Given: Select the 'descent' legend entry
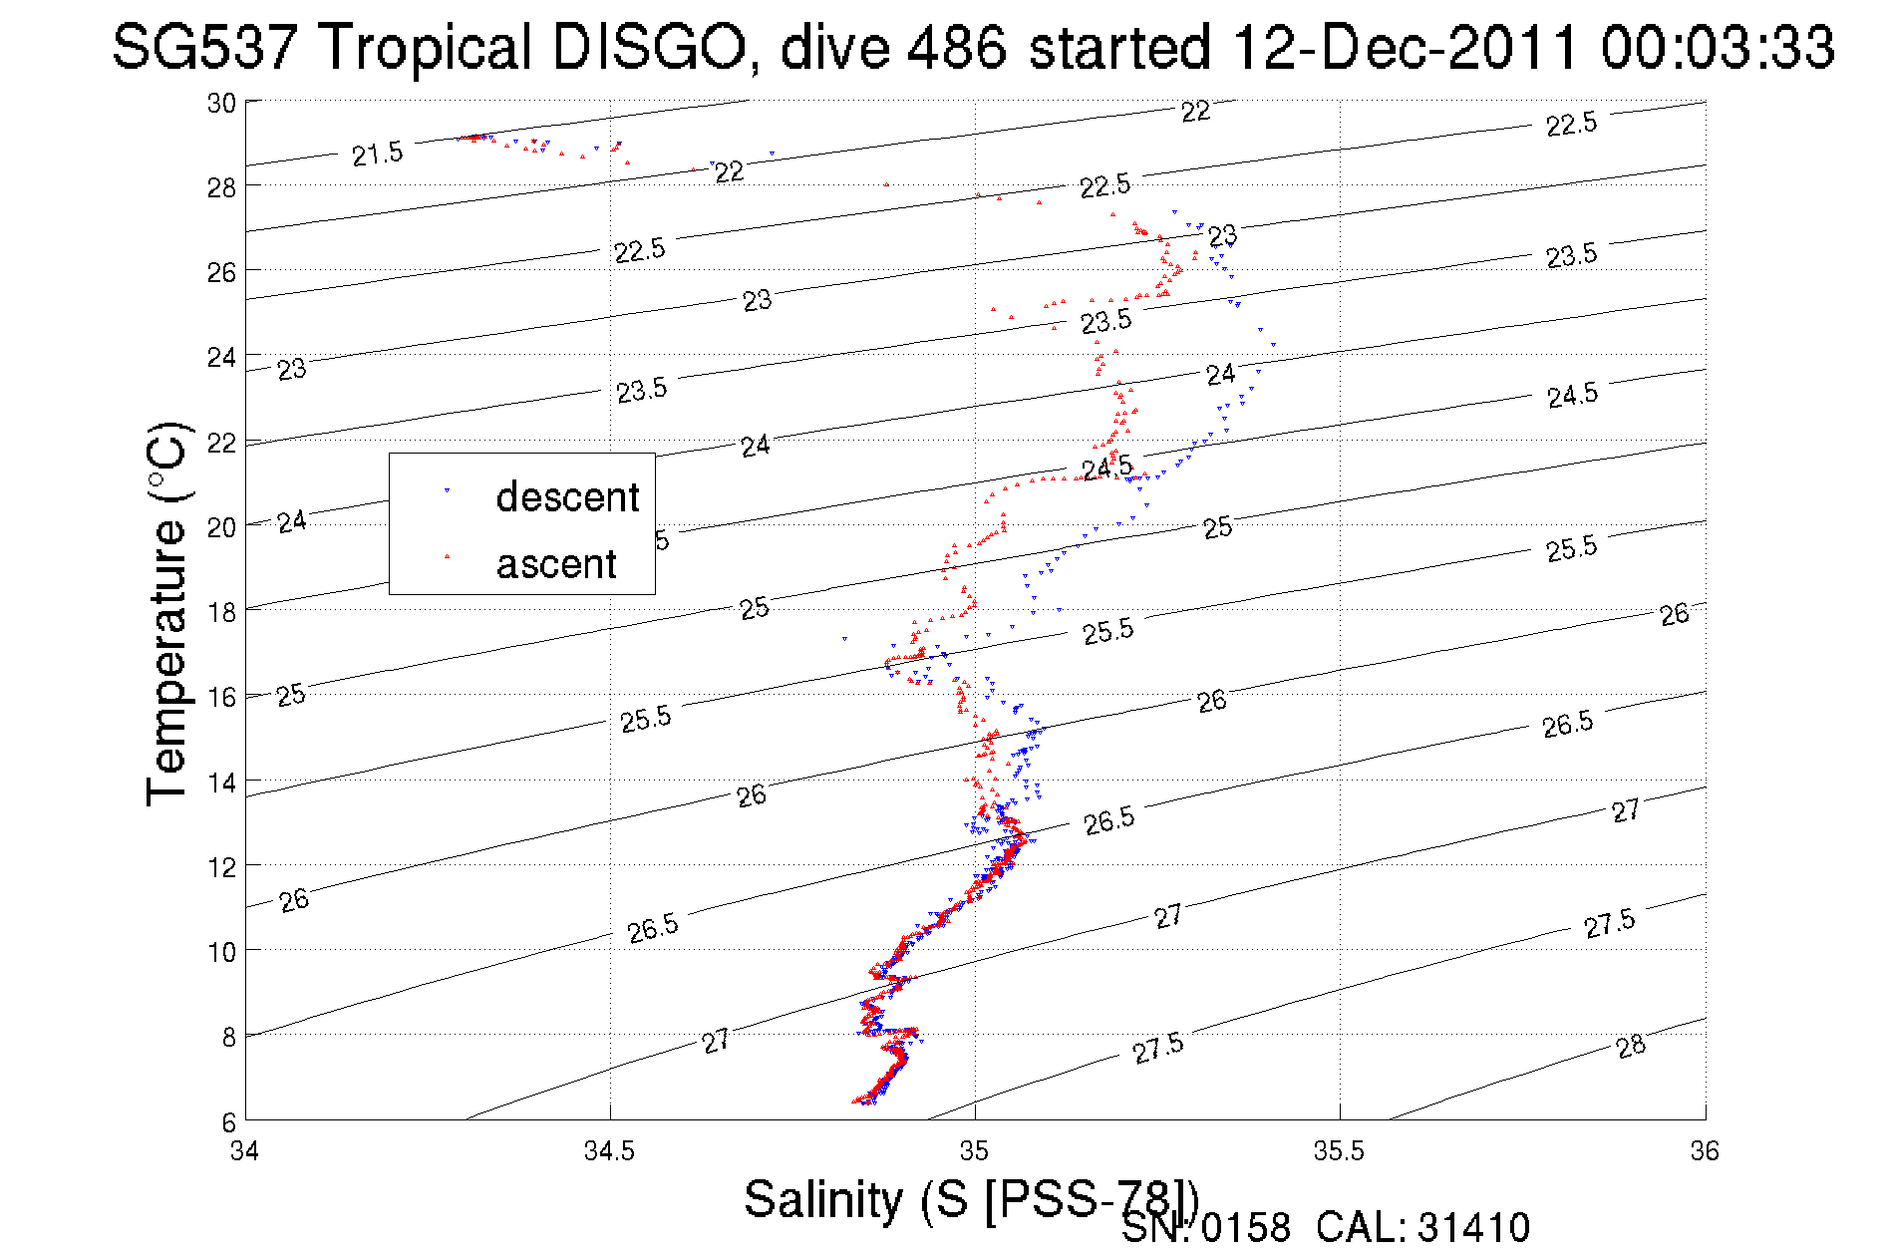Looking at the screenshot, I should [566, 496].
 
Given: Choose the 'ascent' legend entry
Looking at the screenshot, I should [556, 564].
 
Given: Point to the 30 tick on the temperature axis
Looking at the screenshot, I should [221, 103].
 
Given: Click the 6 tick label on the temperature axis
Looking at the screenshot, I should [228, 1121].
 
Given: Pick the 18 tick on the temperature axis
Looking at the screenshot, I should [221, 612].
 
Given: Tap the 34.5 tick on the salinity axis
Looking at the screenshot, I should [609, 1151].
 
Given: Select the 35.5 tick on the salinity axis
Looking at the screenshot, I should [1339, 1151].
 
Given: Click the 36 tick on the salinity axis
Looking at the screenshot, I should [1705, 1151].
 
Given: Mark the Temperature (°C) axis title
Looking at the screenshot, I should [167, 613].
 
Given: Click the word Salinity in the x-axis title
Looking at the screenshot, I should [823, 1199].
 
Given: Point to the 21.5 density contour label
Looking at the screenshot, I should [378, 155].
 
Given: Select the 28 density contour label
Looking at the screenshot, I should [1631, 1046].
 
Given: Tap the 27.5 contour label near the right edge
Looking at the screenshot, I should [1609, 924].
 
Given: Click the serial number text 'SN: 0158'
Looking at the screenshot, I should [1205, 1228].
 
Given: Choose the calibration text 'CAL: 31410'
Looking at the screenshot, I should [1422, 1228].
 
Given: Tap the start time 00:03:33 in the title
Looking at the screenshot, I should [1718, 47].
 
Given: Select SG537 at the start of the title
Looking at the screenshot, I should [204, 47].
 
